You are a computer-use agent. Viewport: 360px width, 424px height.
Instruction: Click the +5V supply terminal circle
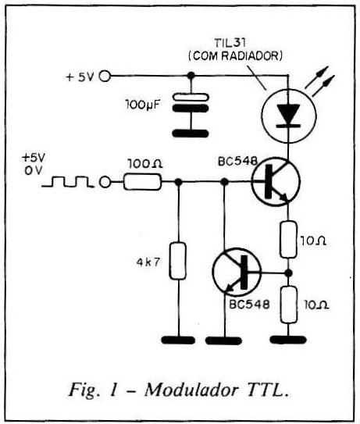click(105, 76)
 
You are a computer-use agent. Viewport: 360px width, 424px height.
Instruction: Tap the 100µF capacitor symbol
click(191, 102)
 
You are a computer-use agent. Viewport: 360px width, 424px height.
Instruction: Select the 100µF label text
click(142, 105)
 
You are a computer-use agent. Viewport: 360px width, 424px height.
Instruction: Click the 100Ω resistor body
click(143, 182)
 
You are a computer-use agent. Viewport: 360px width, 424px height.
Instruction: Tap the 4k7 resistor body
click(178, 261)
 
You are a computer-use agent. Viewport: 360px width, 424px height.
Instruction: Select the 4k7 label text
click(148, 262)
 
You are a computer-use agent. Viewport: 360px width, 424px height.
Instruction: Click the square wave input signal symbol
click(68, 181)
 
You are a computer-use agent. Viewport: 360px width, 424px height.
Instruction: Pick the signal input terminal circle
click(105, 182)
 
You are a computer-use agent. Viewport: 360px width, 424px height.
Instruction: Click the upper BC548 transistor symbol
click(276, 182)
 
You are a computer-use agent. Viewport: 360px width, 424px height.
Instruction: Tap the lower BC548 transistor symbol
click(237, 272)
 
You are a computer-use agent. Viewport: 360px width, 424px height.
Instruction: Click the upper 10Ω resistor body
click(288, 239)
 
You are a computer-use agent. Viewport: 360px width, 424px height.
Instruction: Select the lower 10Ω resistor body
click(289, 305)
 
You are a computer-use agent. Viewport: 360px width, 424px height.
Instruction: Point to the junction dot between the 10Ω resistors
click(289, 273)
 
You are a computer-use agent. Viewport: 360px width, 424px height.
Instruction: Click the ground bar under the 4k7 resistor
click(178, 340)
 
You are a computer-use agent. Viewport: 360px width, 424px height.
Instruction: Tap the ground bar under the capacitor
click(191, 134)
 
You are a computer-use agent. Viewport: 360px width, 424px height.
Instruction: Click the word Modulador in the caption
click(192, 390)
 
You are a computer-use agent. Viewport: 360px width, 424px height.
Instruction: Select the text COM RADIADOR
click(235, 56)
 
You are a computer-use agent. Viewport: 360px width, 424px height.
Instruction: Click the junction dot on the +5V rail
click(191, 76)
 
